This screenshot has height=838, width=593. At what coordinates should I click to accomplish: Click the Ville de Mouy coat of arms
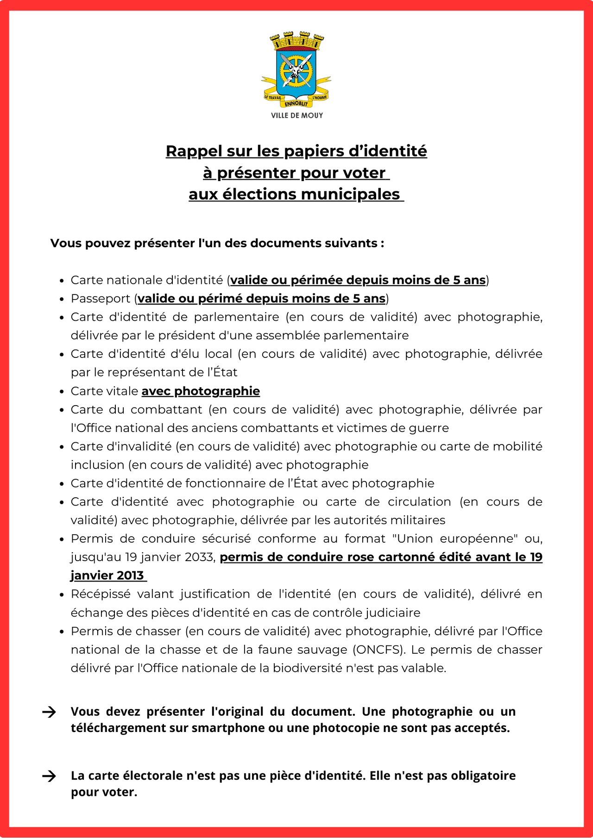[x=296, y=69]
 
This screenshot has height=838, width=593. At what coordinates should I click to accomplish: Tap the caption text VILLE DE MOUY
[x=297, y=115]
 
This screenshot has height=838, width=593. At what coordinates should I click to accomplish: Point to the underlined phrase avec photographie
[x=201, y=391]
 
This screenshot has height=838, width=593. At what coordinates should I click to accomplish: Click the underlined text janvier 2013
[x=107, y=575]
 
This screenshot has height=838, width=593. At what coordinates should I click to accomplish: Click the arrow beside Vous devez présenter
[x=49, y=712]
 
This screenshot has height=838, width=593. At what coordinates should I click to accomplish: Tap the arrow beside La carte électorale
[x=49, y=776]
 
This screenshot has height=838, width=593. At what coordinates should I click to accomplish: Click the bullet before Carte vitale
[x=62, y=392]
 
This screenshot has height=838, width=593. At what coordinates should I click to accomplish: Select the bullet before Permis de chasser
[x=62, y=632]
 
